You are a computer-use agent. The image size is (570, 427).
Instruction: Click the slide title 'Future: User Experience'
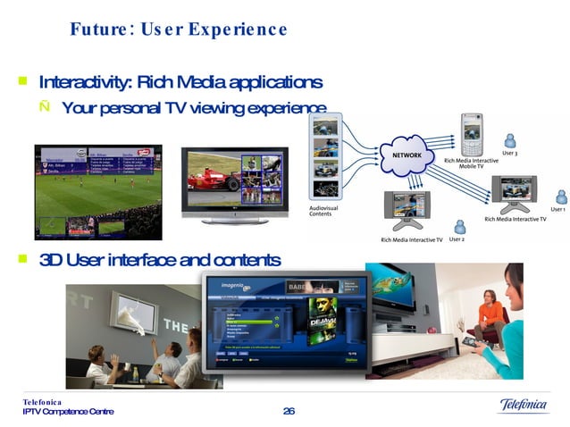(x=179, y=30)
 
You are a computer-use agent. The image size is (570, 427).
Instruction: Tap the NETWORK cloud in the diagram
(x=407, y=155)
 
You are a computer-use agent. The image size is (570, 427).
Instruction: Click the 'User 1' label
(x=557, y=210)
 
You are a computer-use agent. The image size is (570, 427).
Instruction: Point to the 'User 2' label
(x=457, y=239)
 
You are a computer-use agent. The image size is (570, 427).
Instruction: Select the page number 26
(x=288, y=410)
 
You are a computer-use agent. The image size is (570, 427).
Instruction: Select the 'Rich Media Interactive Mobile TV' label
(x=471, y=163)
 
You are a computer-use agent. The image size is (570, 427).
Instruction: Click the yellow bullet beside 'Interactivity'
(x=21, y=82)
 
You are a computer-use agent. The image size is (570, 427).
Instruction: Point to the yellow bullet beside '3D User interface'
(x=21, y=259)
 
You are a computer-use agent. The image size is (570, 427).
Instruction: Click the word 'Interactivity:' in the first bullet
(x=84, y=83)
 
